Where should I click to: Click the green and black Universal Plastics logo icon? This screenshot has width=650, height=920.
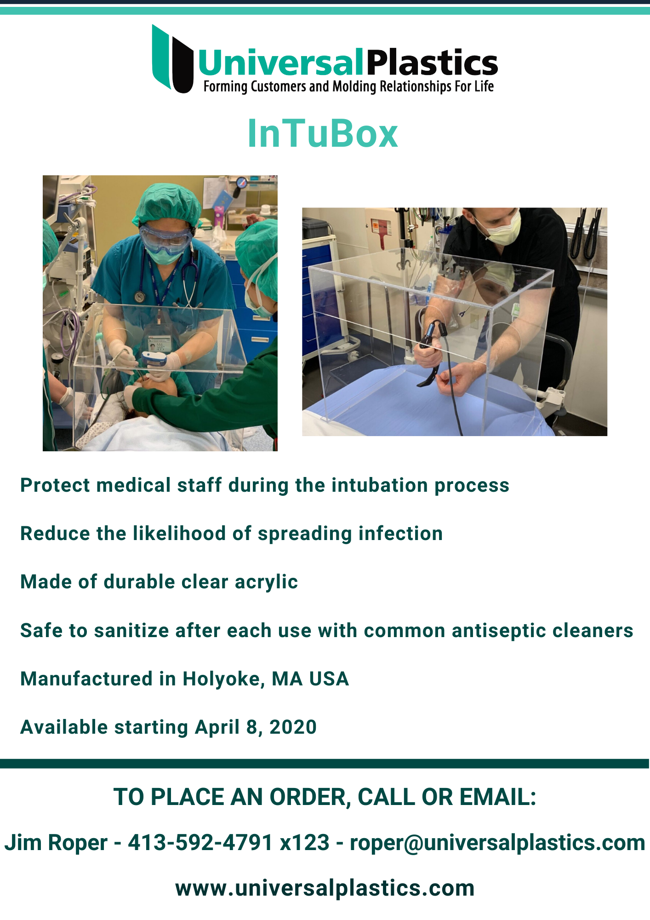click(172, 59)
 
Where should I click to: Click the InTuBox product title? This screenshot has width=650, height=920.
click(323, 134)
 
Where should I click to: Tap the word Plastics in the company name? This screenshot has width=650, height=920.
click(433, 63)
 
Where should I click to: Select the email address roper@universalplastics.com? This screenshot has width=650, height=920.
click(498, 843)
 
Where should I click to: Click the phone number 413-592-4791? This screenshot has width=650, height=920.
click(200, 843)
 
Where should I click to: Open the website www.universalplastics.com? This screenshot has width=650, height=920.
click(325, 888)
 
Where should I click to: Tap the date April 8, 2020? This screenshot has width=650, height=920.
click(256, 727)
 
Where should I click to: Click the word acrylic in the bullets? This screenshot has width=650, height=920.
click(266, 582)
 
